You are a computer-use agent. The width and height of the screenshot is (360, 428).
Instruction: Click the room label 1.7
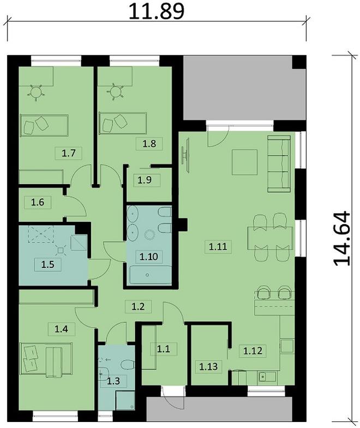69,153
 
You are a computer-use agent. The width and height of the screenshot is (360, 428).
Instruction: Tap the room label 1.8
149,144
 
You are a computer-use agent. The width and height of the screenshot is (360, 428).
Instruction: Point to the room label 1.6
37,203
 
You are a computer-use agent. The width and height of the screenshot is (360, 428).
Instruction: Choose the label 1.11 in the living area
217,246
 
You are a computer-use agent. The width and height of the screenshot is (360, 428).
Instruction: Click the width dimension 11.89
156,10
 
